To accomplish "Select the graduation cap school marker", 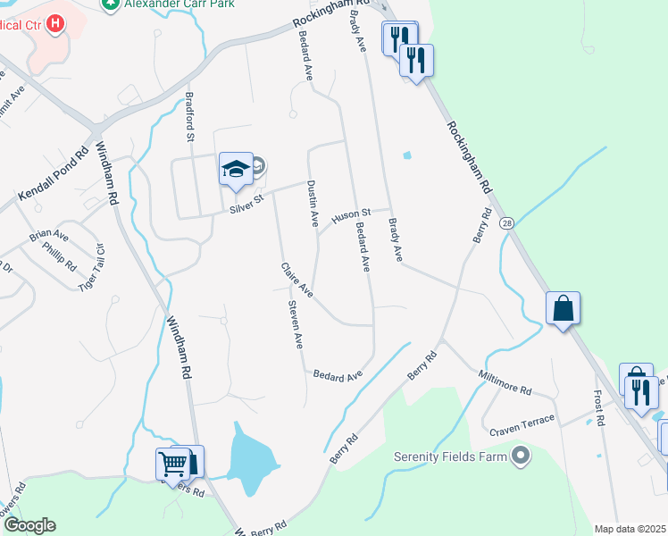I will tap(234, 169).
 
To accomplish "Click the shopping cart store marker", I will tap(171, 465).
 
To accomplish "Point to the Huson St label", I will tap(350, 215).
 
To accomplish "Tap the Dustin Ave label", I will tap(313, 204).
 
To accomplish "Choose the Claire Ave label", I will tap(296, 280).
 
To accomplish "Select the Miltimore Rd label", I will tap(505, 384).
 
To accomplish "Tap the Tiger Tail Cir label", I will tap(92, 268).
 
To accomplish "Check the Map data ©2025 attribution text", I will tap(630, 529).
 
